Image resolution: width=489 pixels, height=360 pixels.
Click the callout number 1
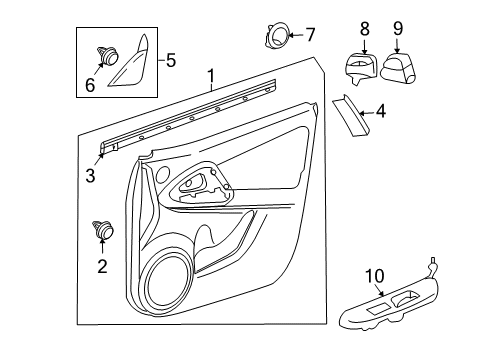210,75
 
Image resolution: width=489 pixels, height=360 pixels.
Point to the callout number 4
381,114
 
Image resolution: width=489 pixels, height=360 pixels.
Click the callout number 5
170,61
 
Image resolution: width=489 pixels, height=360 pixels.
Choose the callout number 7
309,35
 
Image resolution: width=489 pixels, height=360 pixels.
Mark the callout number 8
364,29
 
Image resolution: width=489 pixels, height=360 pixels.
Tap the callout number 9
397,29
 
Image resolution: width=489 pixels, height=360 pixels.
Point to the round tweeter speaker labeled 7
275,37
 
